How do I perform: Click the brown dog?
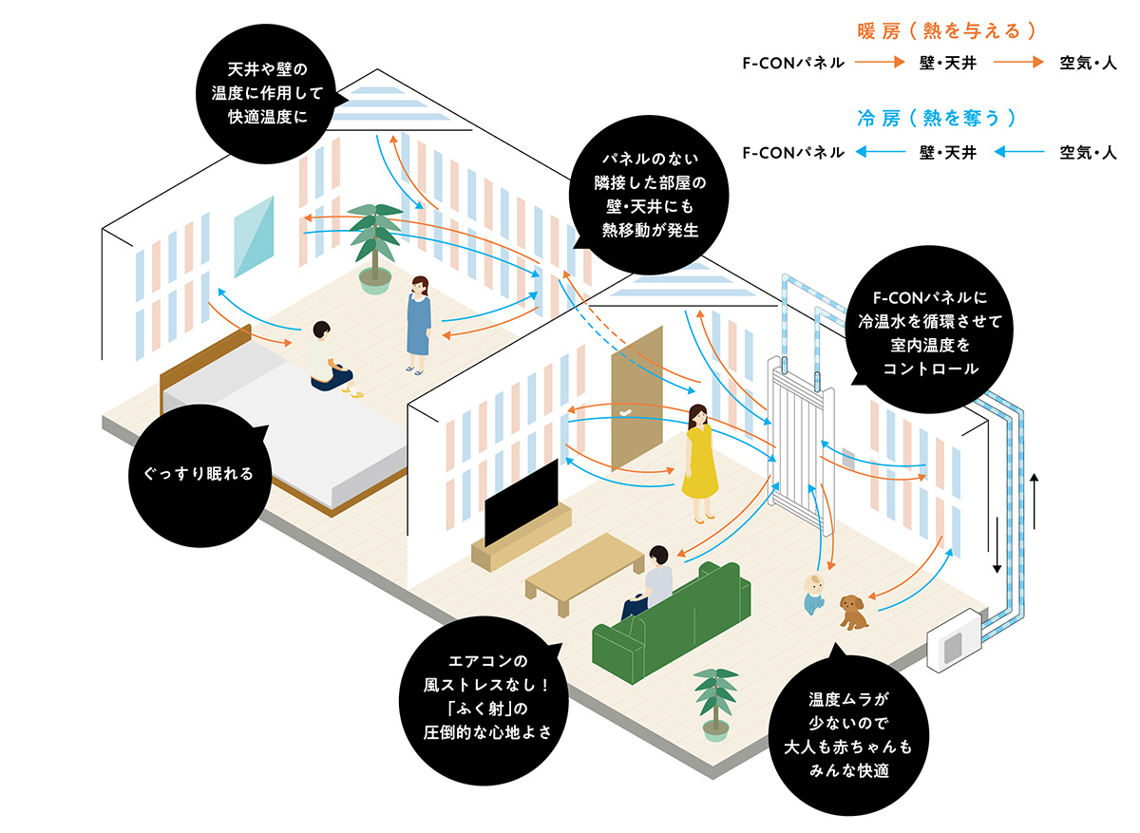(x=853, y=613)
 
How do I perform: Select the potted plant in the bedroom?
(x=374, y=242)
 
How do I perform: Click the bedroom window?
(x=254, y=237)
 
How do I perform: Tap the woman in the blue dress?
(x=419, y=323)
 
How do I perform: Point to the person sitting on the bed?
(x=323, y=356)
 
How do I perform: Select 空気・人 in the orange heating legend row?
(x=1088, y=64)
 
